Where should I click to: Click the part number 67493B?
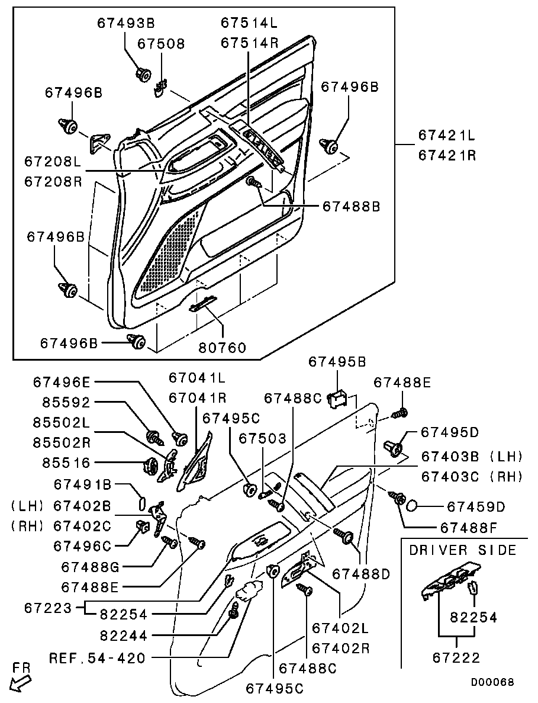tap(126, 23)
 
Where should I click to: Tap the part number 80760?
tap(222, 348)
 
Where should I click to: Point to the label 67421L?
tap(447, 134)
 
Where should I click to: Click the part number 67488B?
tap(351, 206)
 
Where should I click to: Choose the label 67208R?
tap(53, 182)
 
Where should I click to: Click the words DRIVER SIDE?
tap(463, 550)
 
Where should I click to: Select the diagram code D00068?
tap(492, 682)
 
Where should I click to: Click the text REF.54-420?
tap(97, 658)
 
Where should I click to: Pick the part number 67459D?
tap(476, 506)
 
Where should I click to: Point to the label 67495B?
tap(337, 362)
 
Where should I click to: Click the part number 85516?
tap(67, 462)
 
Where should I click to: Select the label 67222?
tap(456, 657)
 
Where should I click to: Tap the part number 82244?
tap(124, 635)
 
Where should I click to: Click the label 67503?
tap(262, 438)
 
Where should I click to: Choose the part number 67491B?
tap(83, 484)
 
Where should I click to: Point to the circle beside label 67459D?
tap(412, 506)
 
